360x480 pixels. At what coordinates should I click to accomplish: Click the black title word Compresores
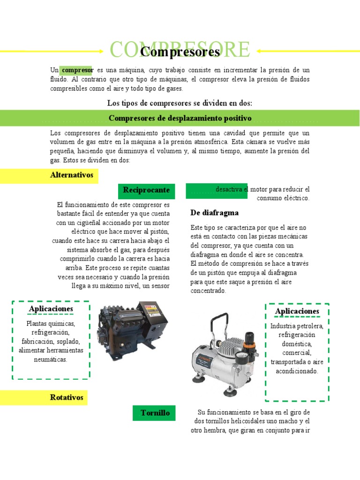coord(180,52)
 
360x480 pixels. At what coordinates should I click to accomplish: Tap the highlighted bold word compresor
coord(78,70)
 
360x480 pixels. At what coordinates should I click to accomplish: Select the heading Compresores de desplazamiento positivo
coord(180,118)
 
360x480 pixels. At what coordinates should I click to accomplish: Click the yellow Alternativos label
coord(72,175)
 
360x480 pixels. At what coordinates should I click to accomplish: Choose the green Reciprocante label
coord(146,190)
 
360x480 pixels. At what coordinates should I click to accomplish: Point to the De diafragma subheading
coord(214,213)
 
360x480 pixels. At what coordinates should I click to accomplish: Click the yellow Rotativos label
coord(67,397)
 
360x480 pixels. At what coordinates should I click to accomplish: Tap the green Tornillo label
coord(155,413)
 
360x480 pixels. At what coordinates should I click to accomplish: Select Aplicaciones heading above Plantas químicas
coord(51,308)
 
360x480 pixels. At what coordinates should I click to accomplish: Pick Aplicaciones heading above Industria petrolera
coord(297,311)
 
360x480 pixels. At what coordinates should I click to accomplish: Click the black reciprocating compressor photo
coord(132,330)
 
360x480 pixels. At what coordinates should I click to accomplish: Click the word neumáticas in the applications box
coord(51,360)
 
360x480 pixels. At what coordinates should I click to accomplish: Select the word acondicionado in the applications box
coord(297,371)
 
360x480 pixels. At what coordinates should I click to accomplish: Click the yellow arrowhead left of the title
coord(101,51)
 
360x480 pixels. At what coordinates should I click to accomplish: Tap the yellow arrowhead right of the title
coord(259,51)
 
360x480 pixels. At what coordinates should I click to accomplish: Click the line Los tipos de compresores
coord(180,103)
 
